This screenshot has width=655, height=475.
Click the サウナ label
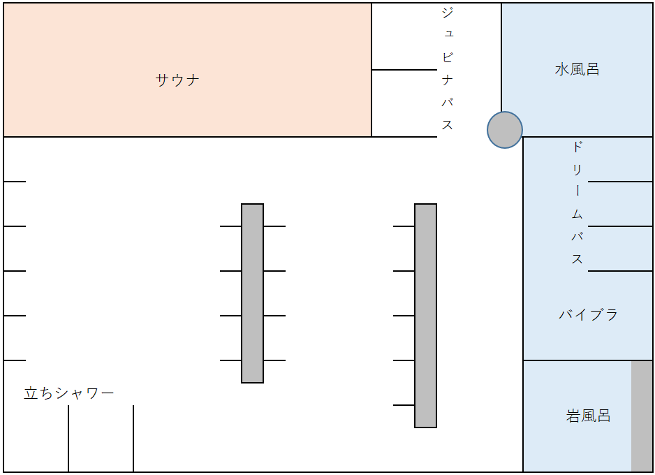pyautogui.click(x=177, y=80)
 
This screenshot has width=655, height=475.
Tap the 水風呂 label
pyautogui.click(x=577, y=69)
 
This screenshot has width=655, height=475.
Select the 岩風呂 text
pyautogui.click(x=588, y=416)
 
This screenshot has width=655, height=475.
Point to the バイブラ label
pyautogui.click(x=588, y=314)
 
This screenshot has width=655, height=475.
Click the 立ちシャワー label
pyautogui.click(x=69, y=393)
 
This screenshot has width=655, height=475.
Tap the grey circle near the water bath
pyautogui.click(x=505, y=130)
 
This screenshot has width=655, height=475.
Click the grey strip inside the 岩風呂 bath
pyautogui.click(x=642, y=416)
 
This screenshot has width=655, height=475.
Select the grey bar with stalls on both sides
pyautogui.click(x=252, y=293)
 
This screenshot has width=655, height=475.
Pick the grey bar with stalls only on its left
pyautogui.click(x=426, y=316)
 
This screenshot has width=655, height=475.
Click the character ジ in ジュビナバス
pyautogui.click(x=448, y=13)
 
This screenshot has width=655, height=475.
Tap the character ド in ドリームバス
pyautogui.click(x=577, y=147)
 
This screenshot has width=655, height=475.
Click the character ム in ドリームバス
pyautogui.click(x=577, y=214)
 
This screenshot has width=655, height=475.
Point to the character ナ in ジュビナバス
pyautogui.click(x=448, y=80)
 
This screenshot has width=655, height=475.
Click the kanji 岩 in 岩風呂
pyautogui.click(x=573, y=416)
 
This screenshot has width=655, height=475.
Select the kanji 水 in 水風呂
pyautogui.click(x=562, y=69)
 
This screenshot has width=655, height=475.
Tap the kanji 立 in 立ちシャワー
pyautogui.click(x=31, y=393)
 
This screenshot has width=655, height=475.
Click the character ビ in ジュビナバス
pyautogui.click(x=448, y=57)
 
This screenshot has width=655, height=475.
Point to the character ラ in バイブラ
pyautogui.click(x=611, y=314)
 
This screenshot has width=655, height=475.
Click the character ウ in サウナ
pyautogui.click(x=177, y=80)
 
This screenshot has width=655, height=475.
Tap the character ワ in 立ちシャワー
pyautogui.click(x=91, y=393)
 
